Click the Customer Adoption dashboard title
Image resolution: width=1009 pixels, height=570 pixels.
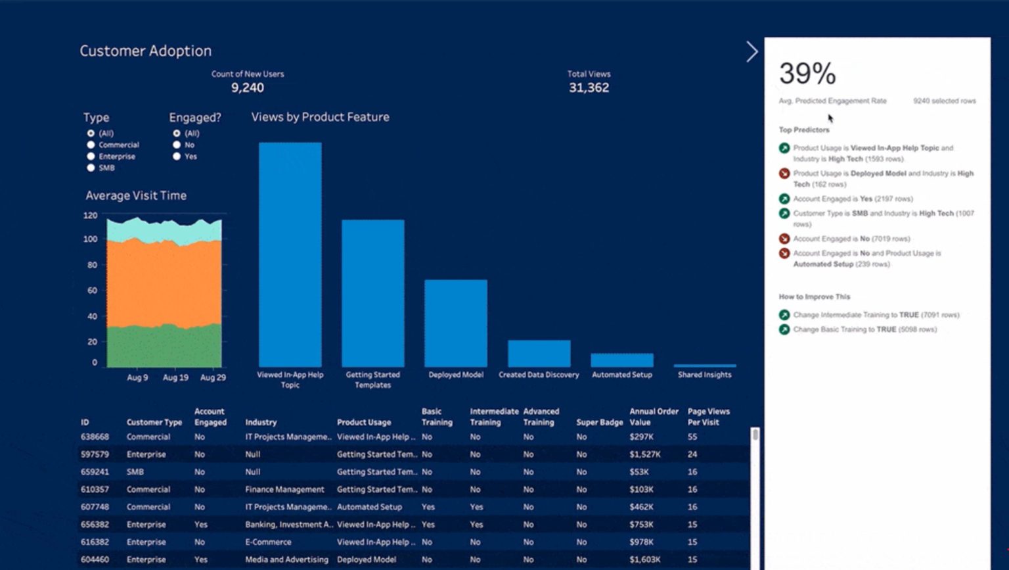coord(145,51)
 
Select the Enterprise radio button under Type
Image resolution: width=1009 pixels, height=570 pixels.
coord(91,156)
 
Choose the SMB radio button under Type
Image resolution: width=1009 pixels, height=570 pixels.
coord(91,168)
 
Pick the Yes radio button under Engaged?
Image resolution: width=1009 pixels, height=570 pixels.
coord(177,156)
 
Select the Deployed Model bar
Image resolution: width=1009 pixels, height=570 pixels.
coord(455,323)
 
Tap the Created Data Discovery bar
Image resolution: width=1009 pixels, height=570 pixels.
coord(539,353)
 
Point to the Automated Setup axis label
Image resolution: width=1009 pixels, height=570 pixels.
coord(621,375)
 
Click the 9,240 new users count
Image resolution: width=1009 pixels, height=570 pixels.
coord(248,87)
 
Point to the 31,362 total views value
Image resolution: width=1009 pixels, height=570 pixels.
coord(589,87)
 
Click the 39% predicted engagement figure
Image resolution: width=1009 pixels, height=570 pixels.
coord(807,74)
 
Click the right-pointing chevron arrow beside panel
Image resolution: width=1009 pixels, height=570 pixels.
coord(752,51)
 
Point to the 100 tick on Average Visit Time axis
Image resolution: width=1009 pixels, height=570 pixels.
coord(90,239)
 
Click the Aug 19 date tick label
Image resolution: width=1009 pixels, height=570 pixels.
coord(175,377)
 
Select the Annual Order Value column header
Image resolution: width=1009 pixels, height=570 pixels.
coord(653,417)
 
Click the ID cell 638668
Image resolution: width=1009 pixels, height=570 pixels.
coord(95,437)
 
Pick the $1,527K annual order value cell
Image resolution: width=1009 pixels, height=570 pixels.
coord(644,454)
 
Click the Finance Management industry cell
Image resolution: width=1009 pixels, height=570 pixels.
coord(284,489)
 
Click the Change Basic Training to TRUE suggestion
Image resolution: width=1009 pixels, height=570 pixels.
coord(864,329)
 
